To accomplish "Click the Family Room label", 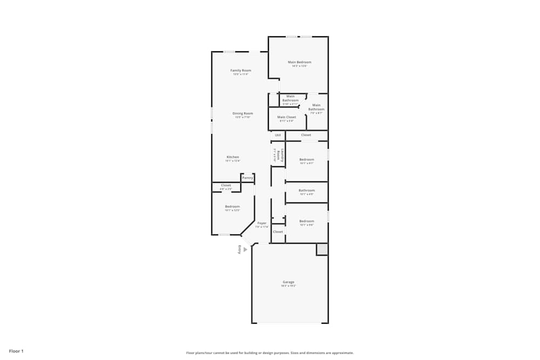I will pyautogui.click(x=241, y=71).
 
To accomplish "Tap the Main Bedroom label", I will pyautogui.click(x=300, y=62).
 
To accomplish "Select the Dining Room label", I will pyautogui.click(x=242, y=113).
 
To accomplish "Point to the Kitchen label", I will pyautogui.click(x=233, y=157).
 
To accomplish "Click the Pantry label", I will pyautogui.click(x=247, y=178).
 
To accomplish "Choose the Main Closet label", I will pyautogui.click(x=287, y=117).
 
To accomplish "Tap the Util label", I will pyautogui.click(x=278, y=135).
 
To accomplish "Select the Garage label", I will pyautogui.click(x=288, y=282).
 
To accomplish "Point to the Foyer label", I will pyautogui.click(x=262, y=223).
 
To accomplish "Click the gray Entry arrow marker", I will pyautogui.click(x=245, y=249).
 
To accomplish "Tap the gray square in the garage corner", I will pyautogui.click(x=322, y=249).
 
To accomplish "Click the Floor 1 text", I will pyautogui.click(x=16, y=351).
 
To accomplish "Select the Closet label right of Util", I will pyautogui.click(x=306, y=135).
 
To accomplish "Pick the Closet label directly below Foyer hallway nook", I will pyautogui.click(x=278, y=232).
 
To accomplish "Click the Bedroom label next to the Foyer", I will pyautogui.click(x=232, y=206).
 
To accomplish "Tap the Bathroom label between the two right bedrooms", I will pyautogui.click(x=307, y=190).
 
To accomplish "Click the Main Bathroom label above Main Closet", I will pyautogui.click(x=290, y=98).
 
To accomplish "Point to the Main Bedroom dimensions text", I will pyautogui.click(x=300, y=66).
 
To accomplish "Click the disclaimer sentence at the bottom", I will pyautogui.click(x=270, y=352).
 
